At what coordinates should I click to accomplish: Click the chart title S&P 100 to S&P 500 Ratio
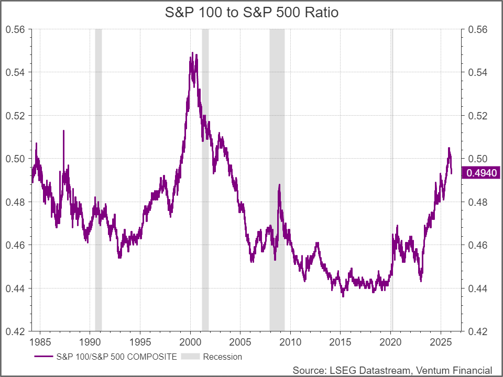pos(251,13)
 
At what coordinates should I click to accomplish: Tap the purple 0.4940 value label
pos(480,173)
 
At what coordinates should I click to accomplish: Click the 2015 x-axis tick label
pos(340,342)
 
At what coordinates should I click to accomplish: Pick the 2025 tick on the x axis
pos(440,342)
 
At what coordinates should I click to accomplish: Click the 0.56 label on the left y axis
pos(15,29)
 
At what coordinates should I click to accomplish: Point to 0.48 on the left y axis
pos(15,202)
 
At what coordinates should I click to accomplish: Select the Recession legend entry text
pos(223,357)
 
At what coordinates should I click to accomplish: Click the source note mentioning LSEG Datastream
pos(392,370)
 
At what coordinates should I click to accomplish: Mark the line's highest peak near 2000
pos(192,53)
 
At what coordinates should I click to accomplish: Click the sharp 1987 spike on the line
pos(64,131)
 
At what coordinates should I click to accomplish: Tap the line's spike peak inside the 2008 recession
pos(279,185)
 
